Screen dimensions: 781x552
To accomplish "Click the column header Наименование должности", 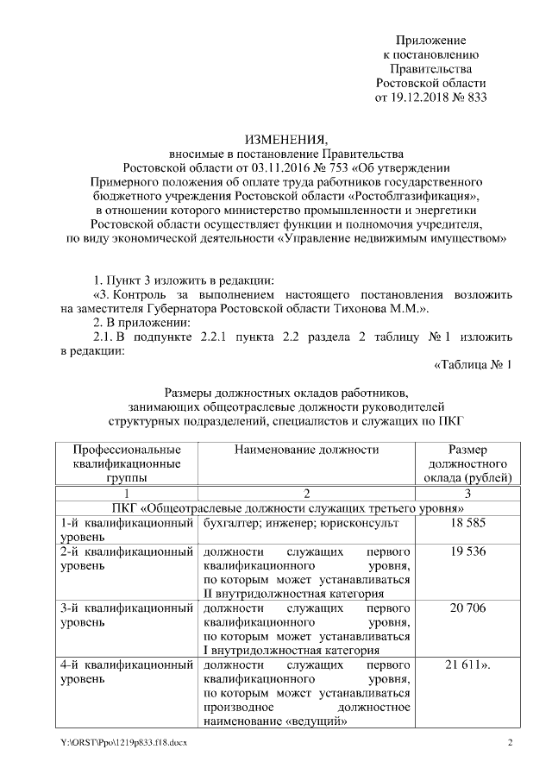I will coord(306,450).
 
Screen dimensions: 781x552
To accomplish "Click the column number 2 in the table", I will coord(306,494).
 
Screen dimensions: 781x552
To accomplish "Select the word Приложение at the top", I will coord(430,41).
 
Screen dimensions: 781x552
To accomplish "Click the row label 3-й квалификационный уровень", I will coord(127,615).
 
